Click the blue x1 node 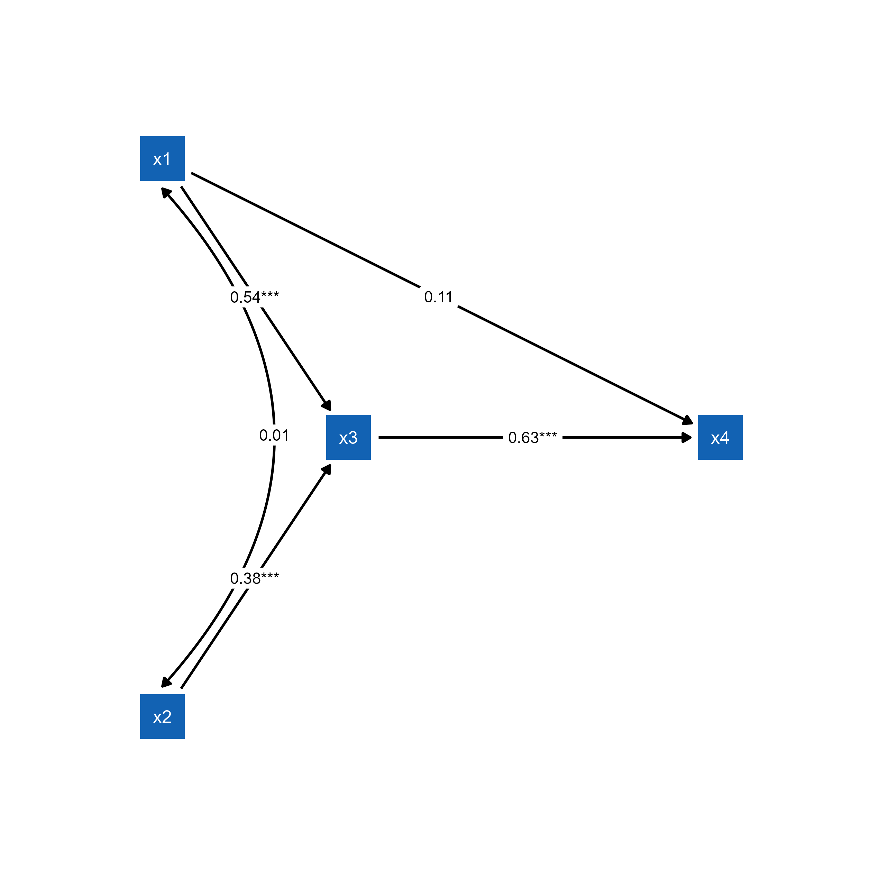click(x=163, y=159)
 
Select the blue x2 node click(x=163, y=716)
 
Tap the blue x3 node click(x=348, y=438)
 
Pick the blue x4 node click(x=720, y=438)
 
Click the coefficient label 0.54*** click(x=254, y=297)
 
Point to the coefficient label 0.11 click(x=439, y=297)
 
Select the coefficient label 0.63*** click(x=533, y=438)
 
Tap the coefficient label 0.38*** click(x=254, y=578)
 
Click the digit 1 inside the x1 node click(x=167, y=159)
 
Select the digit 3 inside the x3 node click(x=353, y=438)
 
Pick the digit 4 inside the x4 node click(x=725, y=438)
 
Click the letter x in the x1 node click(x=157, y=160)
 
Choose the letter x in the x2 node click(x=157, y=718)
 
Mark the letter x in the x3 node click(x=343, y=439)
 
